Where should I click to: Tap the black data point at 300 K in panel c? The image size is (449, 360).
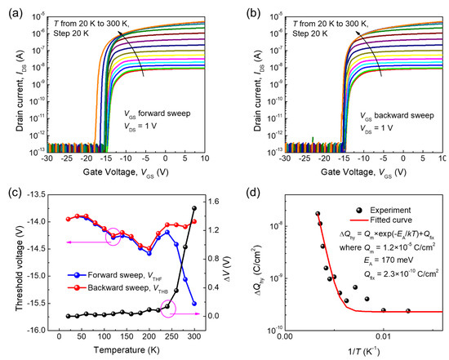(194, 208)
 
